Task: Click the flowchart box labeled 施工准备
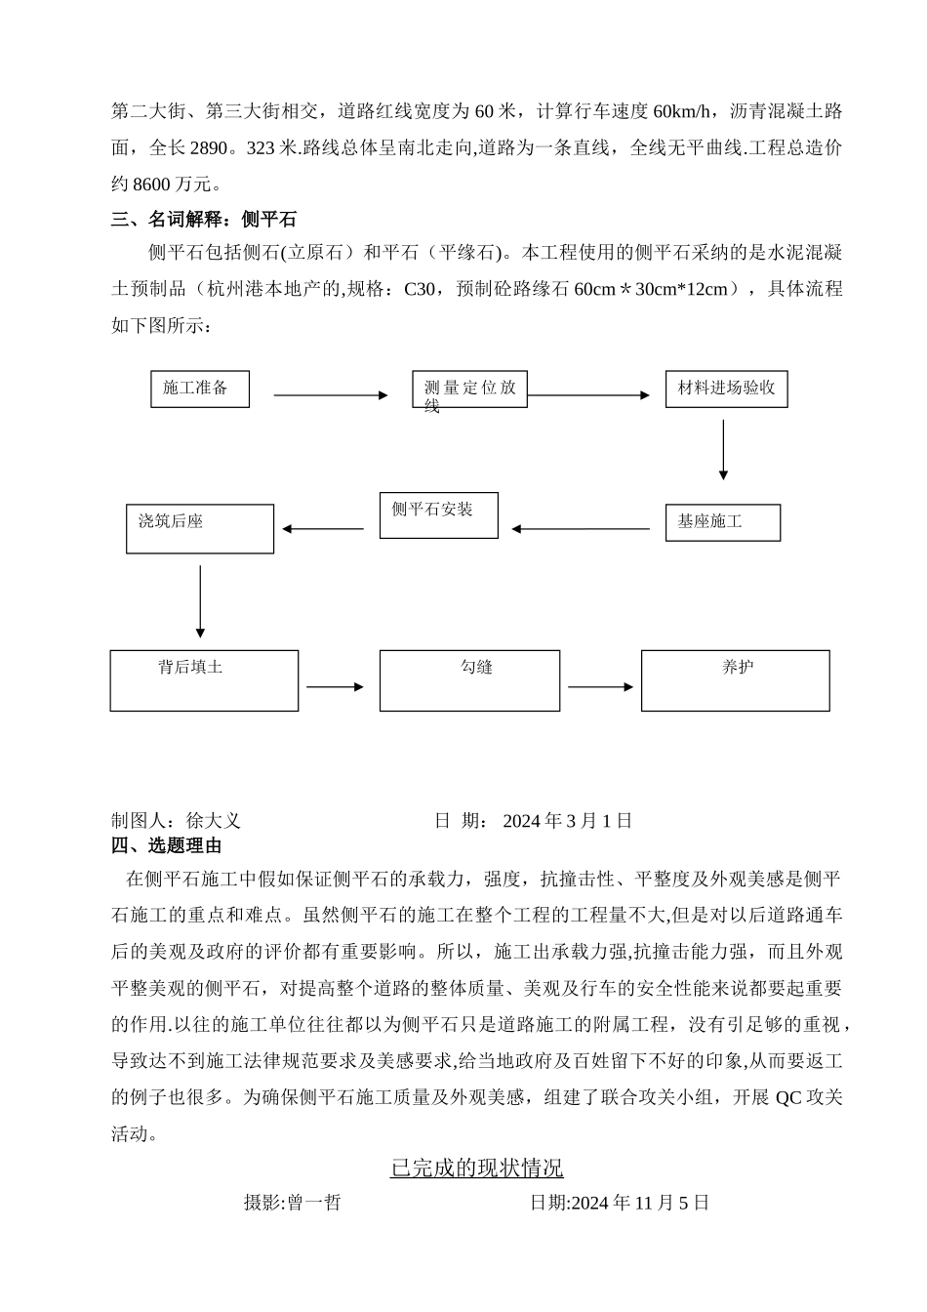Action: click(x=200, y=389)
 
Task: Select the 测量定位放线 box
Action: click(x=469, y=389)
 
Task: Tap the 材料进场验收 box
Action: click(x=726, y=389)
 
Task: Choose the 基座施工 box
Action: click(x=722, y=522)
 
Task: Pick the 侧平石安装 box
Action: click(x=439, y=514)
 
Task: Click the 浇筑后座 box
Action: click(x=200, y=529)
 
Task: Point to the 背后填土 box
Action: click(x=204, y=680)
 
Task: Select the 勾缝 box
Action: click(x=469, y=680)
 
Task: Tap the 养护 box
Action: click(x=735, y=680)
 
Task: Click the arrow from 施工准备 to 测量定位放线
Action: click(x=331, y=395)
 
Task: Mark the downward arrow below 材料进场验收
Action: click(x=723, y=450)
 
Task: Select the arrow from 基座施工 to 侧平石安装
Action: click(x=581, y=529)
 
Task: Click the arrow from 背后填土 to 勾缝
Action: click(x=335, y=687)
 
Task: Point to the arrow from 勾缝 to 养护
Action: click(x=600, y=687)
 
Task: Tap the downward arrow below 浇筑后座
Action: click(x=200, y=601)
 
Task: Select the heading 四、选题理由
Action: click(x=167, y=845)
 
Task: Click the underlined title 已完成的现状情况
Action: click(x=477, y=1168)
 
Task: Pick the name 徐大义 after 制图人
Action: click(x=213, y=821)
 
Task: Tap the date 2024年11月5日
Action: click(x=640, y=1203)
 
